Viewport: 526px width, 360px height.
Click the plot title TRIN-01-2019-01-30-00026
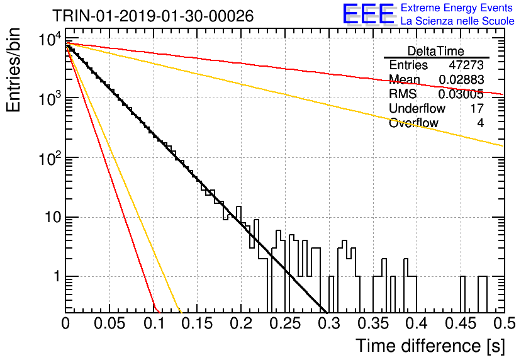pos(153,16)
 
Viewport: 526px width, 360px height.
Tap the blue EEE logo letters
pos(369,14)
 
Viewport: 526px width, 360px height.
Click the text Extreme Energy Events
pos(457,8)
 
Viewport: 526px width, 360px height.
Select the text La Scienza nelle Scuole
pos(457,21)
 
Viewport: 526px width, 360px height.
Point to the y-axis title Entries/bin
pos(13,70)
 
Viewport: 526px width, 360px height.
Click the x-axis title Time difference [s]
pos(430,346)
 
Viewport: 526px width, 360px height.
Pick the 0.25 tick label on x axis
pos(285,323)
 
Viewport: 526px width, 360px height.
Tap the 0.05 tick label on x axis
pos(109,323)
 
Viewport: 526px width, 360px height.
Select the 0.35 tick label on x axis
pos(373,323)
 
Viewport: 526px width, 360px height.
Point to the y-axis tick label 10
pos(53,217)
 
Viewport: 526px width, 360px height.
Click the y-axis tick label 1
pos(57,277)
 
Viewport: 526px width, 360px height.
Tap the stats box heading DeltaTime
pos(436,51)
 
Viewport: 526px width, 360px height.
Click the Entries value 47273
pos(466,65)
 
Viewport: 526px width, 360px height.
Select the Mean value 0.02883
pos(461,79)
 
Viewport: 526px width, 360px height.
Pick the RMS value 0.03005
pos(461,94)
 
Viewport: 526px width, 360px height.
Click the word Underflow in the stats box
pos(417,108)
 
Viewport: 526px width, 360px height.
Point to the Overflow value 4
pos(480,123)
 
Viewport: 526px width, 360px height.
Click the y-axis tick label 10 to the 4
pos(50,40)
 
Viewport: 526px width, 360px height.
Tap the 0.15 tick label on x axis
pos(198,323)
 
